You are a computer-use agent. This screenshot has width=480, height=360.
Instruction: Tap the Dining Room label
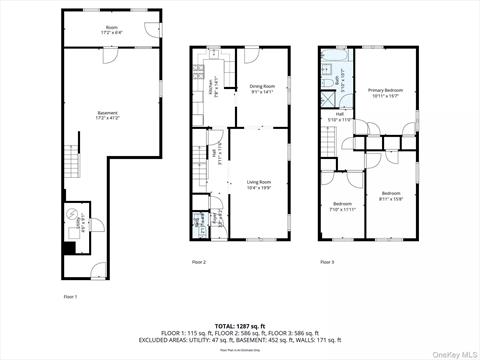coord(262,88)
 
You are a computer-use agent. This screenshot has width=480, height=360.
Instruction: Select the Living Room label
coord(259,183)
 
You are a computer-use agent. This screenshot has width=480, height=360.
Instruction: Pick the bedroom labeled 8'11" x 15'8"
coord(391,195)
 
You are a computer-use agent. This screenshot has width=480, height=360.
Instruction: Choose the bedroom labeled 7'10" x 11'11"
coord(342,208)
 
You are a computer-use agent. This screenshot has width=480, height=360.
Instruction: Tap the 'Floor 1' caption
coord(70,297)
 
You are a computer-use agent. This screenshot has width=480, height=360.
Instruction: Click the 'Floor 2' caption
coord(199,262)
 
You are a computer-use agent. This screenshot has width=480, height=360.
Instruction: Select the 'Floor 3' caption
coord(326,262)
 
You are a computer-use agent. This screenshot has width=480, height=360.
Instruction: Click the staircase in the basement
coord(72,160)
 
